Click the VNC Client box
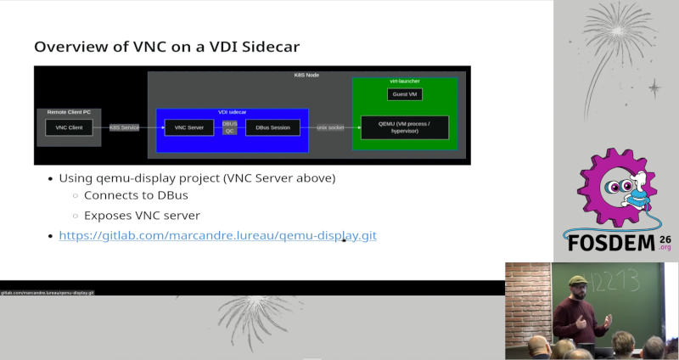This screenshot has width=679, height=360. pyautogui.click(x=69, y=127)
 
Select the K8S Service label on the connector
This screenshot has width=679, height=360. pyautogui.click(x=124, y=127)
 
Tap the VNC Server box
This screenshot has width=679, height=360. pyautogui.click(x=188, y=127)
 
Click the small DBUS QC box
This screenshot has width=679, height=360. pyautogui.click(x=229, y=127)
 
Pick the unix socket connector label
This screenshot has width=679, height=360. pyautogui.click(x=330, y=127)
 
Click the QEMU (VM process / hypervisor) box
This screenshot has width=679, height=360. pyautogui.click(x=404, y=127)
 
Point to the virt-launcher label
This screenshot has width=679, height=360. pyautogui.click(x=405, y=81)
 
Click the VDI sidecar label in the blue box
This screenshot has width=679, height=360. pyautogui.click(x=232, y=112)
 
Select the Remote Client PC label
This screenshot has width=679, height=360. pyautogui.click(x=69, y=112)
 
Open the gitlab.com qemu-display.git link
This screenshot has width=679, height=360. pyautogui.click(x=217, y=235)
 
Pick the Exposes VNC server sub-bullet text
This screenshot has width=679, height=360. pyautogui.click(x=142, y=216)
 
